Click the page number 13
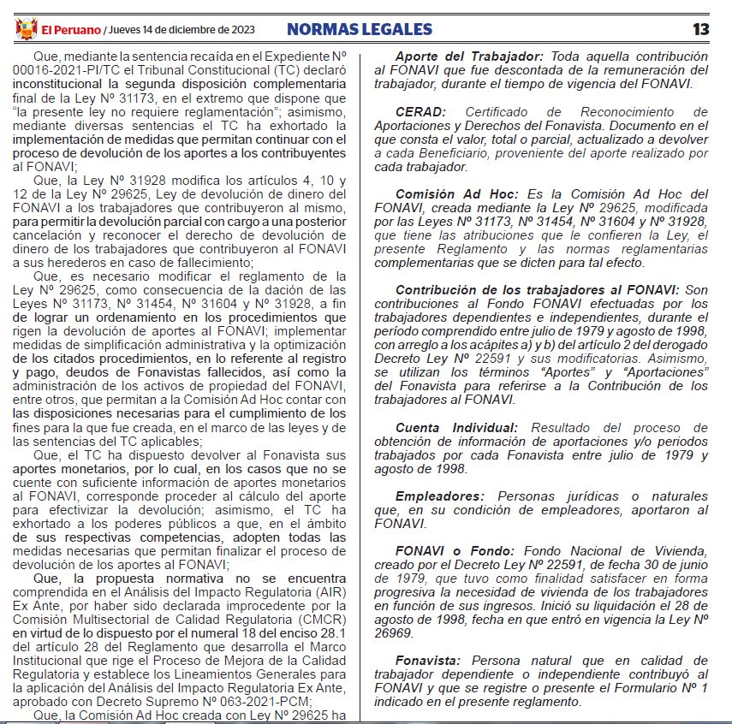701,29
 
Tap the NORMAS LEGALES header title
360,29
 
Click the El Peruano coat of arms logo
27,29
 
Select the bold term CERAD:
423,112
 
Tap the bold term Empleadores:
438,496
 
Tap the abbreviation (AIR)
331,591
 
